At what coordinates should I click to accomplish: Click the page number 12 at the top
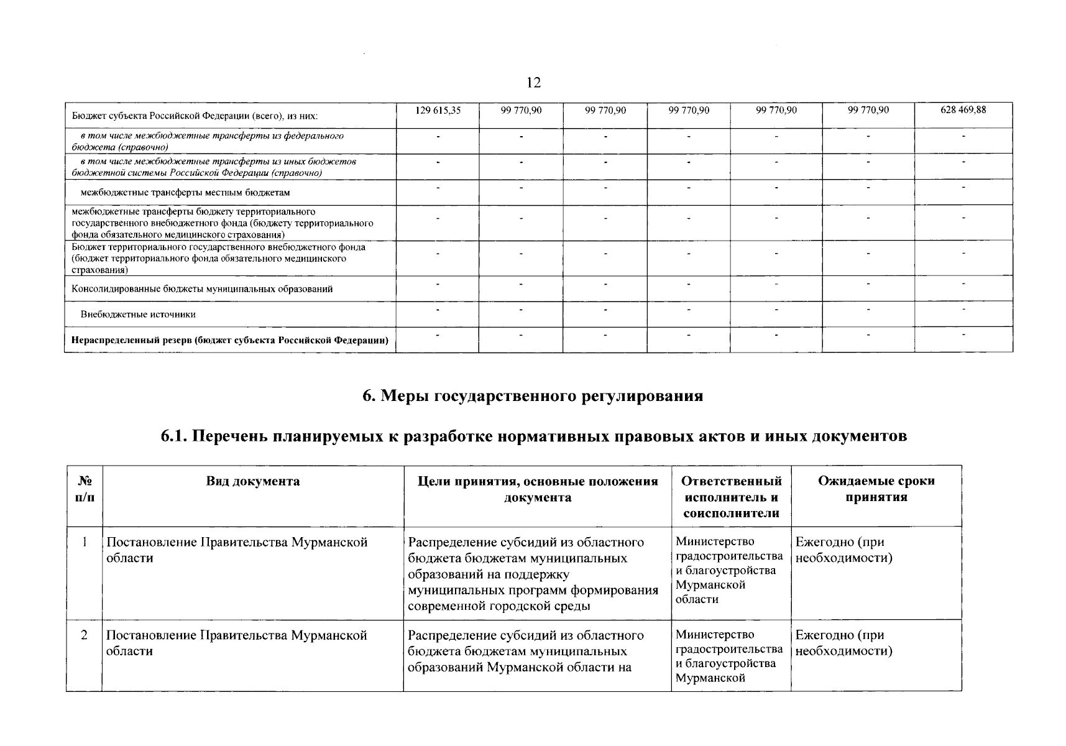click(533, 83)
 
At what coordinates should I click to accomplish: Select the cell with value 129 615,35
click(438, 110)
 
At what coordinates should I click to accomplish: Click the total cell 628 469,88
click(963, 110)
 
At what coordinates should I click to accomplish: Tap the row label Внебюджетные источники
click(138, 315)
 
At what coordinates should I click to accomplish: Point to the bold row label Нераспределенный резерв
click(230, 341)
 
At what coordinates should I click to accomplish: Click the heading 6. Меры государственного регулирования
click(533, 396)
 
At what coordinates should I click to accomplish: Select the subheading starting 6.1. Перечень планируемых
click(533, 436)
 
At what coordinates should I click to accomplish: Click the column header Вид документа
click(252, 481)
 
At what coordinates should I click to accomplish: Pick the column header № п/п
click(85, 489)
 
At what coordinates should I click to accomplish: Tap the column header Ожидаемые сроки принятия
click(876, 489)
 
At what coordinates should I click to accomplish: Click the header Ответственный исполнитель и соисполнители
click(731, 497)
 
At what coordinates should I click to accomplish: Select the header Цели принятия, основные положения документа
click(537, 489)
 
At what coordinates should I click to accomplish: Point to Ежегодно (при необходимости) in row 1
click(843, 550)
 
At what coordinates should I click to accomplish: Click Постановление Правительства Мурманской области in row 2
click(236, 643)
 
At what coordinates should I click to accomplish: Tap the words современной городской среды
click(499, 606)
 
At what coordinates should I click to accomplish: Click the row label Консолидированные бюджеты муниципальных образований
click(202, 289)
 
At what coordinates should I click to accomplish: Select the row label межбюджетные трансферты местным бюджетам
click(185, 193)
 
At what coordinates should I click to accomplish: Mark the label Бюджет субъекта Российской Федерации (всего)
click(195, 116)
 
